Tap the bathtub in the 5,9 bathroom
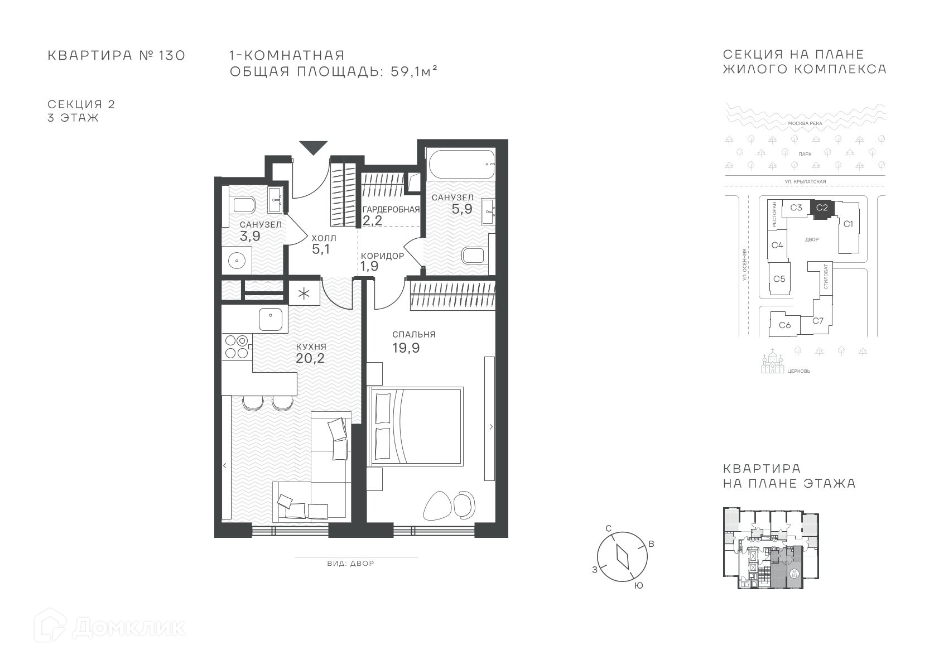click(x=461, y=164)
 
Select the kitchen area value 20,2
click(x=310, y=358)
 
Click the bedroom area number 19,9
click(x=406, y=348)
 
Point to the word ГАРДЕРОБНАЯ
click(x=391, y=210)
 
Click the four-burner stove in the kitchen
click(x=237, y=347)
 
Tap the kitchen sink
click(x=271, y=319)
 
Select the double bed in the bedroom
click(x=415, y=426)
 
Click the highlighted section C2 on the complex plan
click(x=822, y=208)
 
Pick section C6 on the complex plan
click(x=785, y=325)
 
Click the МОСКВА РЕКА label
click(x=805, y=123)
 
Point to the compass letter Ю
click(x=638, y=586)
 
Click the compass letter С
click(x=609, y=528)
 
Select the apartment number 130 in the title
click(x=172, y=55)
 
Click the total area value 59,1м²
click(x=414, y=71)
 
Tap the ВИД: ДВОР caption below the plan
click(x=350, y=564)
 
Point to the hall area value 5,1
click(x=321, y=249)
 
